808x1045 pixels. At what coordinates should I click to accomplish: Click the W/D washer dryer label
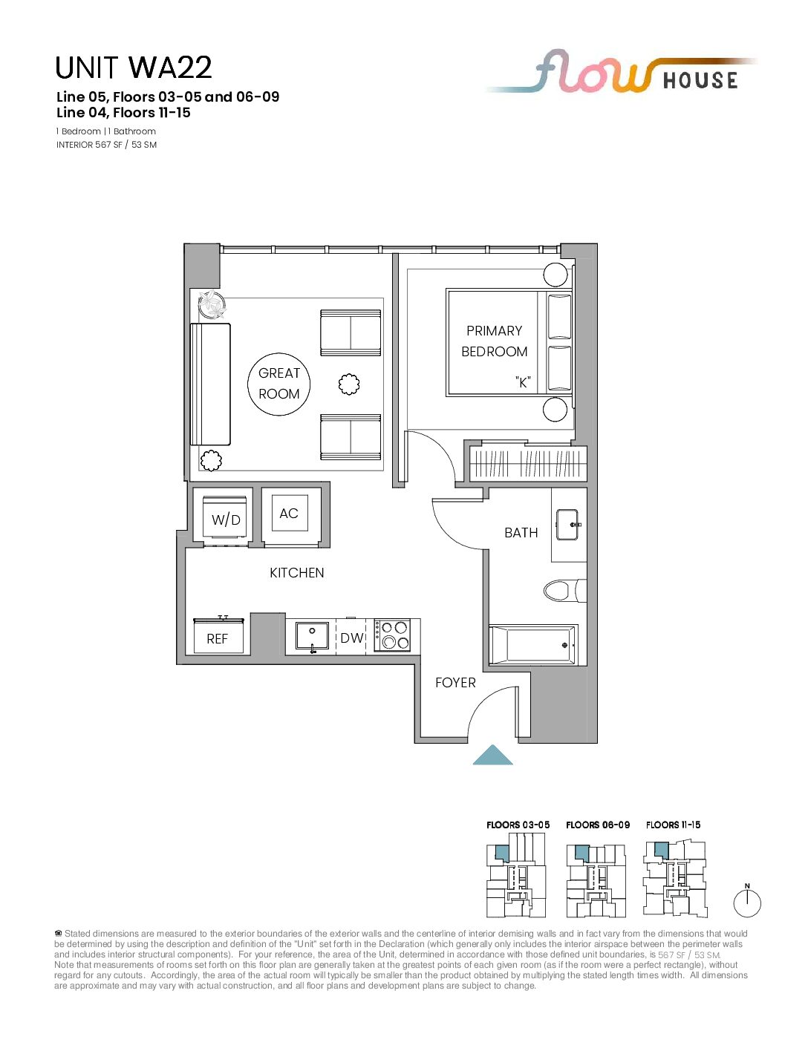226,520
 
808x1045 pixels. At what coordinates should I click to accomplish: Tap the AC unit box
289,513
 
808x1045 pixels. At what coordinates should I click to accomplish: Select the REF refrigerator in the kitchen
218,635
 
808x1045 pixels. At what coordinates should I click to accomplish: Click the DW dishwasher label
352,638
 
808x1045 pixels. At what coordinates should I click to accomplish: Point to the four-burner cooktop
392,635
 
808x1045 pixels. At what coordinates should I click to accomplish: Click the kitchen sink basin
313,636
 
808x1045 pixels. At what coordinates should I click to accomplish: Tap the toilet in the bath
565,590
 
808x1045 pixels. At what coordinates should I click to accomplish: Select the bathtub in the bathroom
533,645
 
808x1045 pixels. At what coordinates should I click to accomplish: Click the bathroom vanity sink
569,525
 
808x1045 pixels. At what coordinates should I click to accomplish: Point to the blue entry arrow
493,755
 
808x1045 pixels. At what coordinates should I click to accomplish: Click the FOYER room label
455,682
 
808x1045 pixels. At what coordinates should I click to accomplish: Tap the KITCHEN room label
297,573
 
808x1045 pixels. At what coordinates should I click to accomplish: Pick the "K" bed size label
523,382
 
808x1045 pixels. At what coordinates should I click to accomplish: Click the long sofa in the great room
210,384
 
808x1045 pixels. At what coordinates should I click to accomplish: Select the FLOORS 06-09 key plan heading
598,825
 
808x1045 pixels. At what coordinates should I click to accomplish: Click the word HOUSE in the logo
700,80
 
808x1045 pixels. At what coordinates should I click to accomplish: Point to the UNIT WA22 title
134,68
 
